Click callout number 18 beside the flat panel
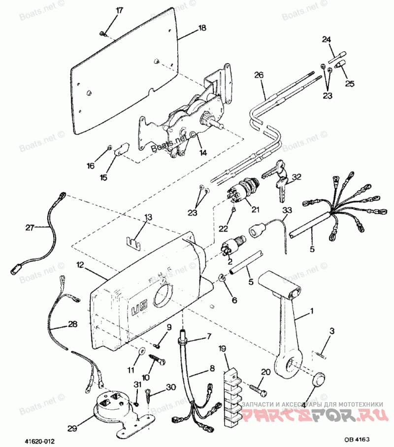(x=202, y=29)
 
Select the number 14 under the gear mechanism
(x=202, y=153)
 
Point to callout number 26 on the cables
(x=259, y=75)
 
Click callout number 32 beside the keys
(x=296, y=177)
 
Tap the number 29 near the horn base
(x=72, y=429)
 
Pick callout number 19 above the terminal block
(x=222, y=349)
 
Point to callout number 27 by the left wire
(x=31, y=227)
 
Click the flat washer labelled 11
(x=141, y=351)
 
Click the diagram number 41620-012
(x=37, y=439)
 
